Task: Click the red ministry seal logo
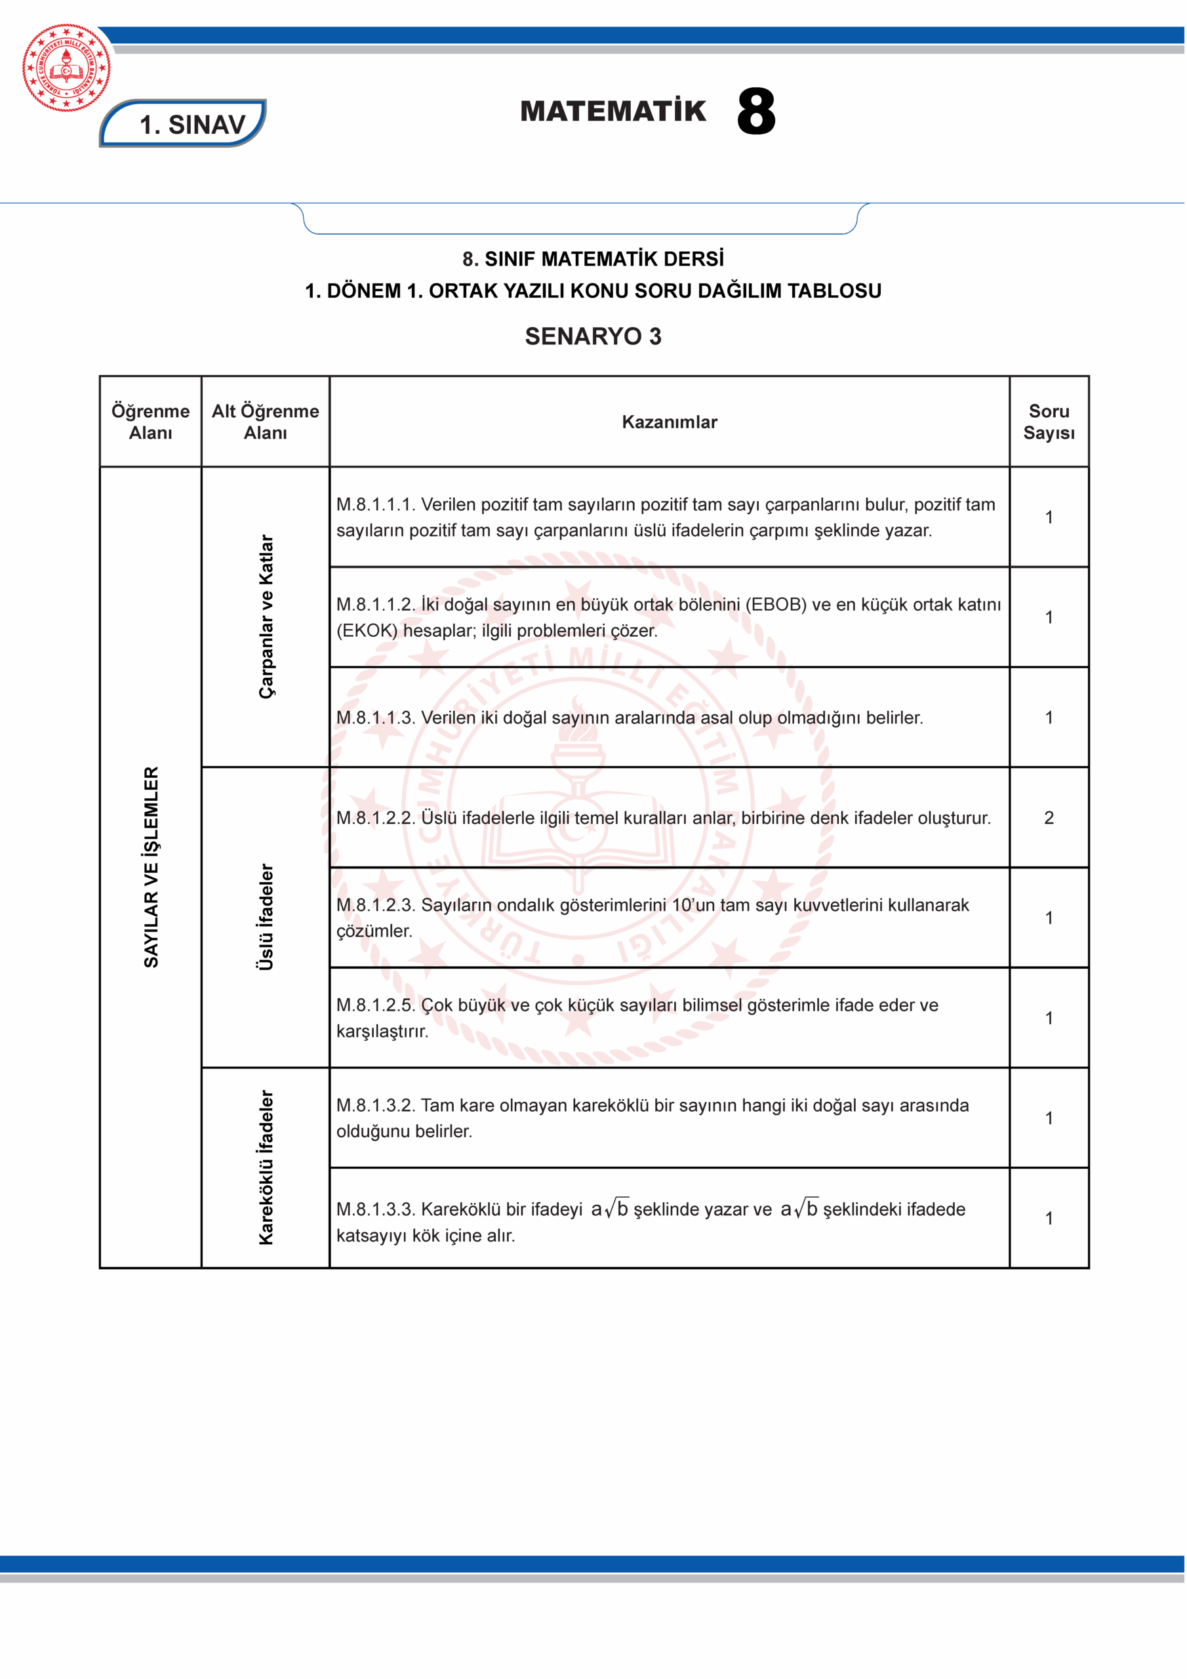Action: (66, 68)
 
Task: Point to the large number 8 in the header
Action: (755, 112)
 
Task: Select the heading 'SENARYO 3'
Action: (593, 336)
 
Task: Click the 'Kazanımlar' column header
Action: (669, 422)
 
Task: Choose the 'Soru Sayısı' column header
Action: (1049, 422)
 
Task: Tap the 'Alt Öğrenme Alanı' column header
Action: (266, 422)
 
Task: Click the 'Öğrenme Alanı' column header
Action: (151, 422)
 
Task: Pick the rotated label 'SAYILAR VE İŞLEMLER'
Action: (151, 866)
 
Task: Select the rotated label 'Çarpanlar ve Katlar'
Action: (266, 617)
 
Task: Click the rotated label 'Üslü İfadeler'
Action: (266, 917)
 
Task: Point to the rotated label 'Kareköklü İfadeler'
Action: (266, 1167)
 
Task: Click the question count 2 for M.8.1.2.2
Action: (1049, 818)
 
